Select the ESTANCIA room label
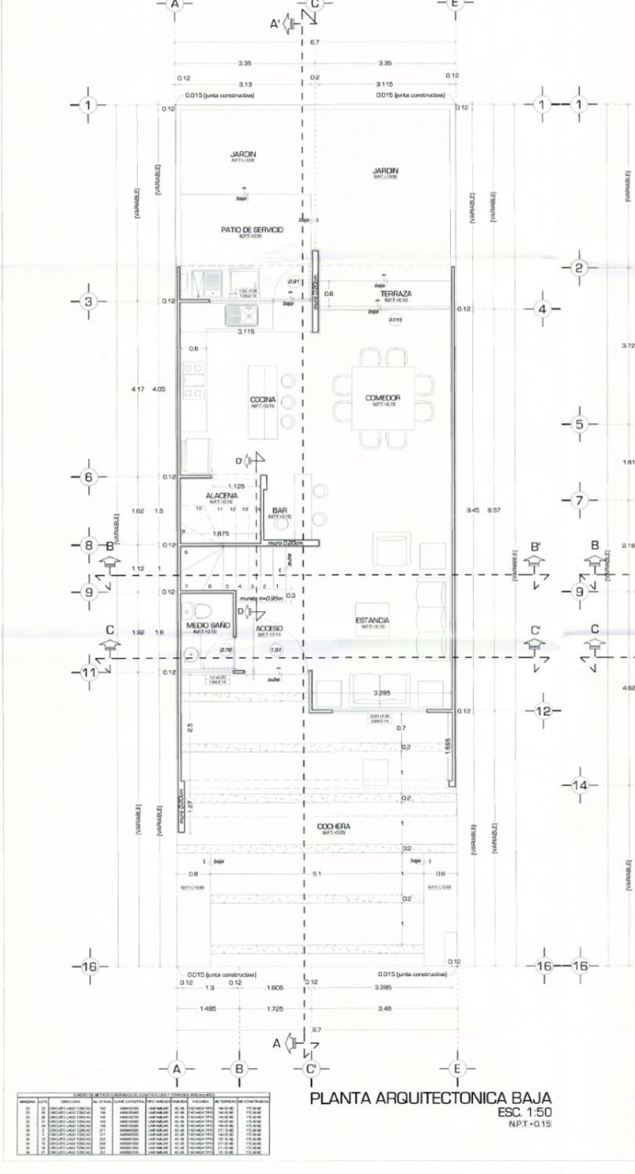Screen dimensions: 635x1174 pyautogui.click(x=377, y=620)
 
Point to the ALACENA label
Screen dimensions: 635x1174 pyautogui.click(x=222, y=495)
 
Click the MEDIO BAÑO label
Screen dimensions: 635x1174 pyautogui.click(x=207, y=625)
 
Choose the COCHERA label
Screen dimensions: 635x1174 pyautogui.click(x=334, y=826)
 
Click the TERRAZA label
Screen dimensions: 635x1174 pyautogui.click(x=396, y=293)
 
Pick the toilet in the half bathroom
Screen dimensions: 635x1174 pyautogui.click(x=197, y=609)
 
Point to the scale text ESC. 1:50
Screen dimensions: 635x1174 pyautogui.click(x=530, y=1111)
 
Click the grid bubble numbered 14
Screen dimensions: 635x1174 pyautogui.click(x=580, y=785)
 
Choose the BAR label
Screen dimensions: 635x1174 pyautogui.click(x=280, y=510)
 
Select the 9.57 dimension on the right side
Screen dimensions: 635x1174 pyautogui.click(x=494, y=510)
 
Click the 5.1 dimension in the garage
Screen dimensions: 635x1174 pyautogui.click(x=316, y=874)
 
